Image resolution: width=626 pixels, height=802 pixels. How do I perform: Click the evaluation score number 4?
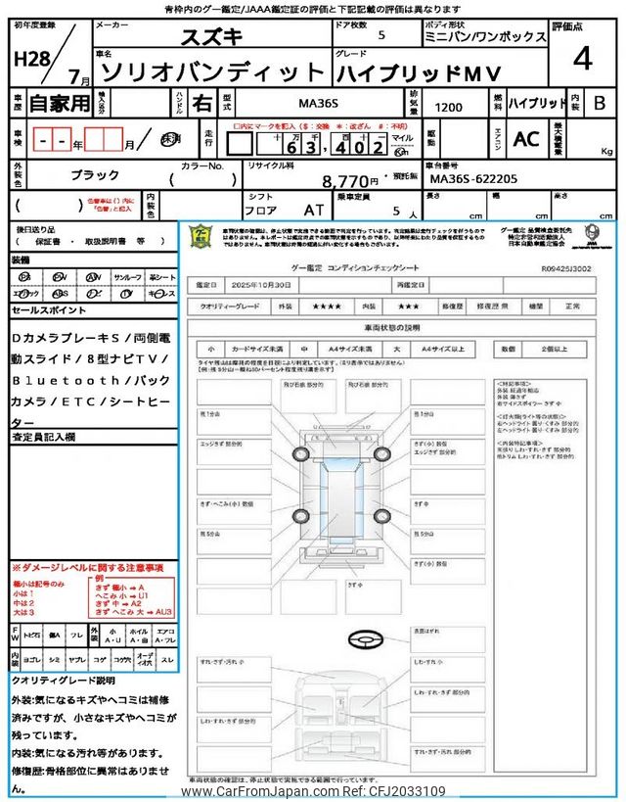pyautogui.click(x=583, y=59)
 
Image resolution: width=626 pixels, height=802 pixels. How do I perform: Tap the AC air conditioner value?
pyautogui.click(x=525, y=139)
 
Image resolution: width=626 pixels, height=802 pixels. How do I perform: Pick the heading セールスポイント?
pyautogui.click(x=49, y=309)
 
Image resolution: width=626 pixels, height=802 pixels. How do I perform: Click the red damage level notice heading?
pyautogui.click(x=87, y=569)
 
